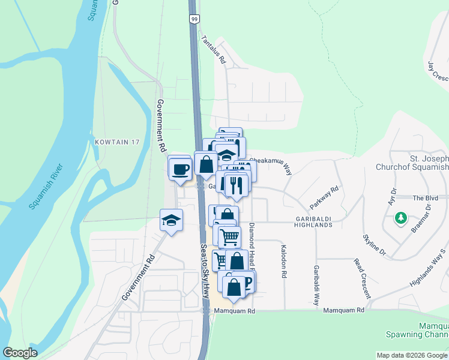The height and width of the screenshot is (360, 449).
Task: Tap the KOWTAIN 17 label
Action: click(117, 142)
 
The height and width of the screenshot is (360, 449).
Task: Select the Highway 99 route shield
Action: click(193, 19)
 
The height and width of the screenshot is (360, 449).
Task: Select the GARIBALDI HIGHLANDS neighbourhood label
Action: click(313, 221)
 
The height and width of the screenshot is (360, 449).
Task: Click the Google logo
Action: click(20, 353)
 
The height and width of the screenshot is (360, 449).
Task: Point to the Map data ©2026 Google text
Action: click(412, 355)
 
